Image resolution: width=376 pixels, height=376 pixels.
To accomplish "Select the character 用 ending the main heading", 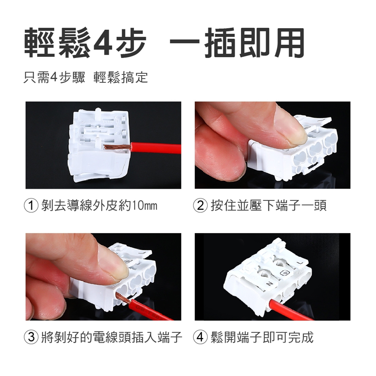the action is tap(289, 43).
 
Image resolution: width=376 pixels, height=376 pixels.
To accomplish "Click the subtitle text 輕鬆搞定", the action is tap(121, 78).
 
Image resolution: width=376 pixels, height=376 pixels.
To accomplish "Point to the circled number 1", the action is tap(31, 206).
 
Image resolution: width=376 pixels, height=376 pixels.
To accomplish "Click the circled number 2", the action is tap(200, 206).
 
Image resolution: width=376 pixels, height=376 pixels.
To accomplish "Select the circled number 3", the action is tap(31, 337).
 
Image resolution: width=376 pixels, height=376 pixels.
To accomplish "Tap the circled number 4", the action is tap(200, 337).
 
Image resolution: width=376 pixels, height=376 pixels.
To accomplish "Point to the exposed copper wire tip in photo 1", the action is tap(117, 147).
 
